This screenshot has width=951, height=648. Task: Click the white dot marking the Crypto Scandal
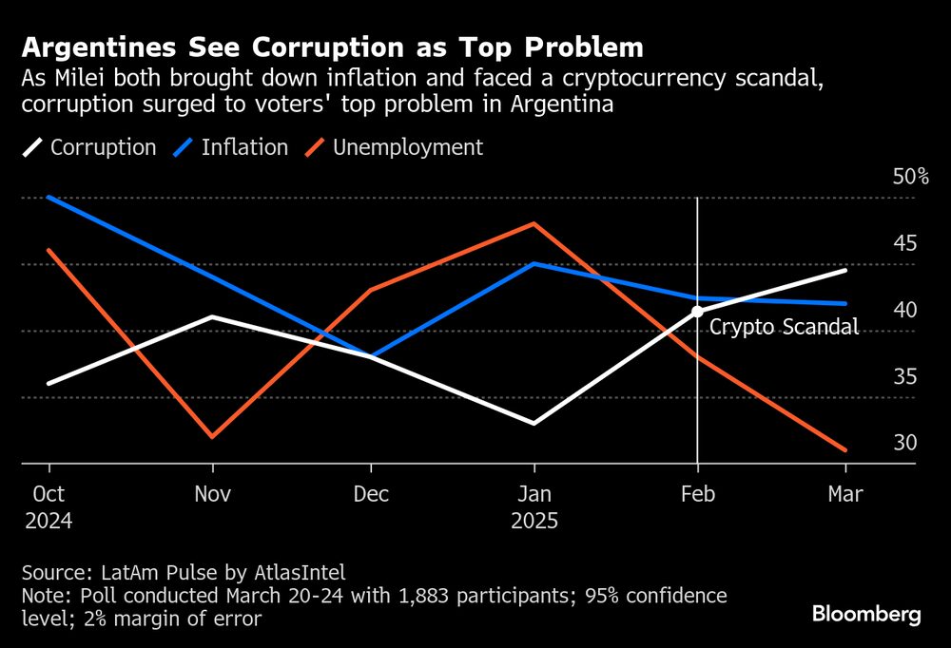697,311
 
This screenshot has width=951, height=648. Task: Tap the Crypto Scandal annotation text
785,328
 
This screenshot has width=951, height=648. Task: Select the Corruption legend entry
103,147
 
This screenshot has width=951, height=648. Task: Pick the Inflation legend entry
244,147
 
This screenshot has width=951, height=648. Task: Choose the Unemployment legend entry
407,147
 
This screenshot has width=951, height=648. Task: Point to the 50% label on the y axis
910,177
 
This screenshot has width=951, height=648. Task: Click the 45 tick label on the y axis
904,243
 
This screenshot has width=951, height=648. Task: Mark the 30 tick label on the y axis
904,443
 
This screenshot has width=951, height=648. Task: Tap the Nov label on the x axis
212,494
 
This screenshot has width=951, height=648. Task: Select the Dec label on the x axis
371,494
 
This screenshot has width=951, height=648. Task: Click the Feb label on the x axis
697,494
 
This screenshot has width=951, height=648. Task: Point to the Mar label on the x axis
845,494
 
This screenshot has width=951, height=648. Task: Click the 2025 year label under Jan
534,522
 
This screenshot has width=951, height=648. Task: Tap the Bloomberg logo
866,615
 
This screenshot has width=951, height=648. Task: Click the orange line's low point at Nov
212,437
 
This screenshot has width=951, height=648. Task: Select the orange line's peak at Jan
534,223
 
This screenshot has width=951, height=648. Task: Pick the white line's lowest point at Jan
534,423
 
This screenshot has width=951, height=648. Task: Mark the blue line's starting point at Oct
49,197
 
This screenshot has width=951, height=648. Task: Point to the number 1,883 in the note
423,596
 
